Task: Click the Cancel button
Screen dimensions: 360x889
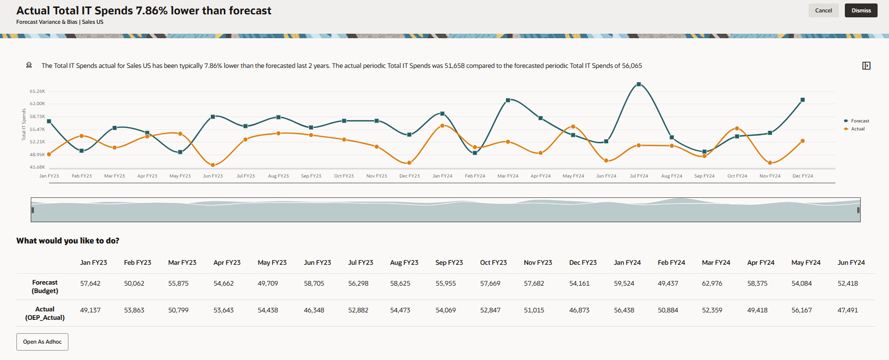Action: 823,10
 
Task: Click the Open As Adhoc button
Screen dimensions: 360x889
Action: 42,342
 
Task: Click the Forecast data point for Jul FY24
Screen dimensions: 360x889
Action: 638,84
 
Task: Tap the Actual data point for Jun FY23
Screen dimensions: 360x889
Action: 213,165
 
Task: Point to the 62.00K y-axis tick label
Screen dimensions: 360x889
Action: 37,104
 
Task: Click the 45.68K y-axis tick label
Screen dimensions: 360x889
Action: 37,167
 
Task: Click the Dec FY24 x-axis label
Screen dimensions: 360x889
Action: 802,176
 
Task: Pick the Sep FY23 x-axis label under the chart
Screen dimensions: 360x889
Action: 311,176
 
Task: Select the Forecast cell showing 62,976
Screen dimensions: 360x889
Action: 712,284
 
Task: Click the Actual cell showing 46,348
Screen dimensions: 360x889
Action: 314,310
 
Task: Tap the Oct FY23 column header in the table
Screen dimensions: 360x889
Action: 493,263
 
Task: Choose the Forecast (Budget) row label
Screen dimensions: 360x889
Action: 45,287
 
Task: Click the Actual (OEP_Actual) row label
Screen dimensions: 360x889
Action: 45,313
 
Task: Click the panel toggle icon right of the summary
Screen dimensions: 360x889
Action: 866,66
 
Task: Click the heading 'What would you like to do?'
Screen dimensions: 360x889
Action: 68,241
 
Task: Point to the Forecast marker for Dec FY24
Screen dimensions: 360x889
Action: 803,100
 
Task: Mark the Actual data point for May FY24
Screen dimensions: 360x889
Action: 573,127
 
